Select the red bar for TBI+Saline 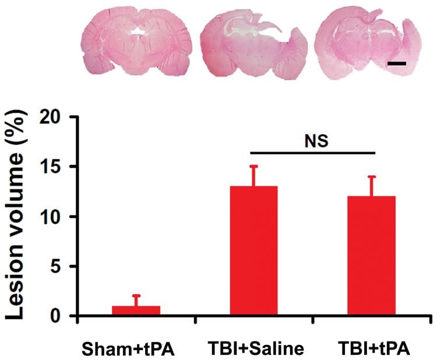point(253,251)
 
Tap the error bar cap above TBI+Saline point(253,167)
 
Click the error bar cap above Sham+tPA point(136,296)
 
